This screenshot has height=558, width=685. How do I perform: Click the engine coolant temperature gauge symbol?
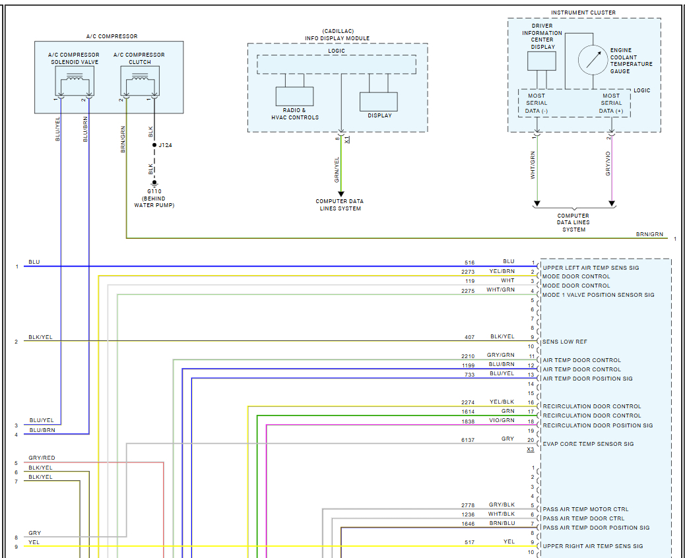(x=592, y=59)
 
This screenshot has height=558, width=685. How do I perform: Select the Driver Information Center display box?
(x=542, y=61)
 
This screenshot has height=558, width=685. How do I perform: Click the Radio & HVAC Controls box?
(x=294, y=96)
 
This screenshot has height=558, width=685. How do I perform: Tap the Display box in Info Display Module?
(x=379, y=102)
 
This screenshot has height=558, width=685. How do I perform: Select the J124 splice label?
(x=165, y=145)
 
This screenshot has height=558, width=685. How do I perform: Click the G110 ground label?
(x=154, y=191)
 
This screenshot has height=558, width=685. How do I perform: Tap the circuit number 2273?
(x=468, y=272)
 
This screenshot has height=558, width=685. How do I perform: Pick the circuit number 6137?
(x=468, y=439)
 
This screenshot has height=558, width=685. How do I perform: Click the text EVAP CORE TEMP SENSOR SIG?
(x=588, y=444)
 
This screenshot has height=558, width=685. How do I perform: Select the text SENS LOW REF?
(x=565, y=342)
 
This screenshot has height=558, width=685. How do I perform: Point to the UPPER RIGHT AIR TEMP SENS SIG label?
(x=593, y=546)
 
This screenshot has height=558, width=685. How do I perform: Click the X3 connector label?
(x=531, y=450)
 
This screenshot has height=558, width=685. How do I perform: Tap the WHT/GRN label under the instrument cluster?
(x=533, y=165)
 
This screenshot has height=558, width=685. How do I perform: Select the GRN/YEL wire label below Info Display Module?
(x=337, y=170)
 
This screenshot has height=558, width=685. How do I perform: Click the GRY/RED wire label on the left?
(x=42, y=458)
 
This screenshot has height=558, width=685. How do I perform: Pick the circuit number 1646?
(x=468, y=524)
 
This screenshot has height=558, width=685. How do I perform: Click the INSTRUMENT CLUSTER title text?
(x=583, y=13)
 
